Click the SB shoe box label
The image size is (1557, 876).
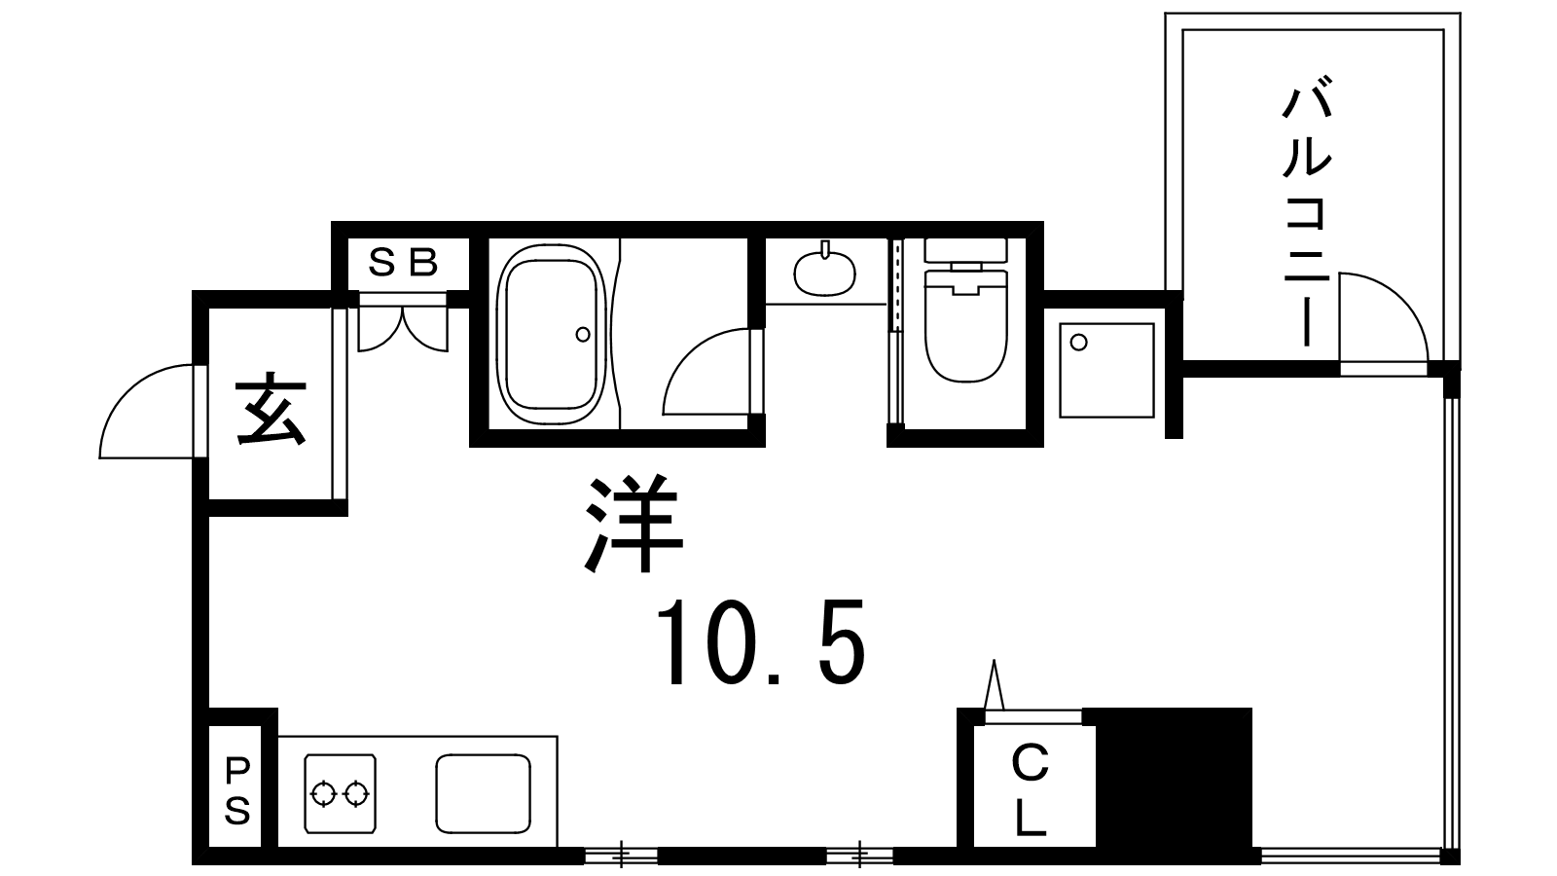click(x=403, y=263)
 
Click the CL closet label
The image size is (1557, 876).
click(x=1031, y=790)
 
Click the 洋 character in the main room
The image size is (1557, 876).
click(x=632, y=523)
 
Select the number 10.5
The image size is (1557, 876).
click(x=762, y=643)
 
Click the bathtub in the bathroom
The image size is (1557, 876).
click(x=551, y=334)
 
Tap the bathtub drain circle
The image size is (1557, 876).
click(x=583, y=335)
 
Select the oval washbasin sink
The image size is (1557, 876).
click(x=825, y=273)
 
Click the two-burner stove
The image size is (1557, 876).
click(x=341, y=793)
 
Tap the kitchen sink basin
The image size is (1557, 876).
click(x=483, y=793)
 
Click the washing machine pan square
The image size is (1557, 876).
click(x=1106, y=371)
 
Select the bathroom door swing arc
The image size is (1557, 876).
click(x=688, y=354)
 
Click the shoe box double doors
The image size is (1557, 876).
click(x=403, y=327)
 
